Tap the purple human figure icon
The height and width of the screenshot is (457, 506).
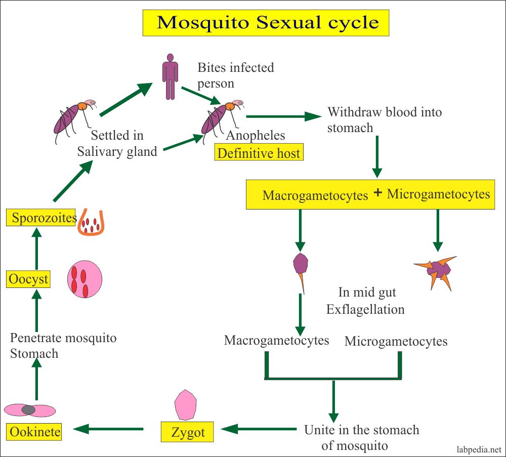tap(170, 75)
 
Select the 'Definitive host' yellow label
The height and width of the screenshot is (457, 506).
tap(259, 152)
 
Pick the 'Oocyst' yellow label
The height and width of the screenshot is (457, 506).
tap(28, 279)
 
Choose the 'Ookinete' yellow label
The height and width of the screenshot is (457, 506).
tap(34, 432)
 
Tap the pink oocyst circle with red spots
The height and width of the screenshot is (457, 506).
tap(85, 279)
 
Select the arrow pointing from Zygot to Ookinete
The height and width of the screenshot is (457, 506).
tap(108, 429)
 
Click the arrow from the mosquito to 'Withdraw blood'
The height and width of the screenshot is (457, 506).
tap(283, 117)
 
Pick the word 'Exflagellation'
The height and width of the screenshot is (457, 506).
tap(365, 309)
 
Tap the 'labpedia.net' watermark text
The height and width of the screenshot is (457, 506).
tap(475, 448)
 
